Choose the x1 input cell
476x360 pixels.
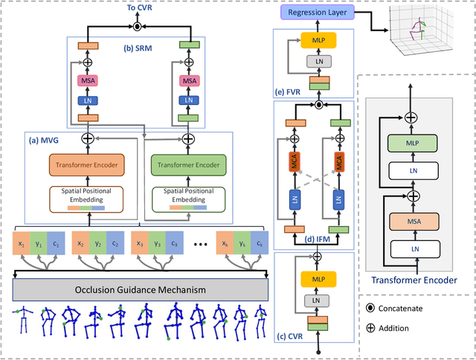(23, 244)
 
